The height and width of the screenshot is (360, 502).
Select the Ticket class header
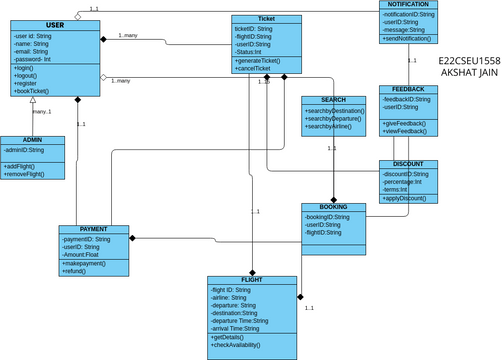pyautogui.click(x=266, y=19)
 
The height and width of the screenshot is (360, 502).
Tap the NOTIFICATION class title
pyautogui.click(x=408, y=5)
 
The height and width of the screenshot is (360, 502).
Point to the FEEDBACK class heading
pyautogui.click(x=408, y=90)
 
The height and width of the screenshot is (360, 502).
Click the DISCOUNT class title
pyautogui.click(x=408, y=164)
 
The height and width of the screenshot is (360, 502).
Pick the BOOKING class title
pyautogui.click(x=333, y=207)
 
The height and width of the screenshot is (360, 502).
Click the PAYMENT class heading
pyautogui.click(x=93, y=230)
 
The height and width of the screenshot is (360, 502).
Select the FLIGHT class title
pyautogui.click(x=251, y=281)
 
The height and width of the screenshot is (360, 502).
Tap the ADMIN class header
pyautogui.click(x=32, y=140)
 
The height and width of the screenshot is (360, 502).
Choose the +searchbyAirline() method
pyautogui.click(x=330, y=127)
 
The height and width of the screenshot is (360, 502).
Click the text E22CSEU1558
pyautogui.click(x=470, y=61)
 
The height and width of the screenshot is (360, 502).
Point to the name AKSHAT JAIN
pyautogui.click(x=470, y=74)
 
